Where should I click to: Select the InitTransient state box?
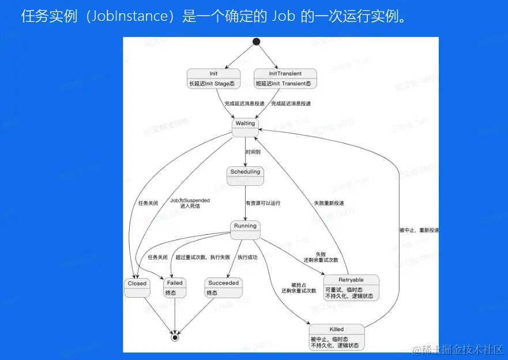[285, 78]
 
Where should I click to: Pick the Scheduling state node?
[246, 175]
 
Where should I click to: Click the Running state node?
[246, 229]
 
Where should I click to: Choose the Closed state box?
[137, 287]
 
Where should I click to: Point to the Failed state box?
[174, 287]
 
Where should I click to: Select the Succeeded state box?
[223, 287]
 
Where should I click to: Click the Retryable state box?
[351, 287]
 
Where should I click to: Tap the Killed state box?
[337, 336]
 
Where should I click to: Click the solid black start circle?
[257, 42]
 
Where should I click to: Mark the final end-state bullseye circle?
[175, 337]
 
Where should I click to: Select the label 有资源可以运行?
[263, 203]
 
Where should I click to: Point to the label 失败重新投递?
[329, 203]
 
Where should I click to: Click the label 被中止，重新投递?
[419, 230]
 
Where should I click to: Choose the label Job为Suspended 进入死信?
[190, 203]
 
